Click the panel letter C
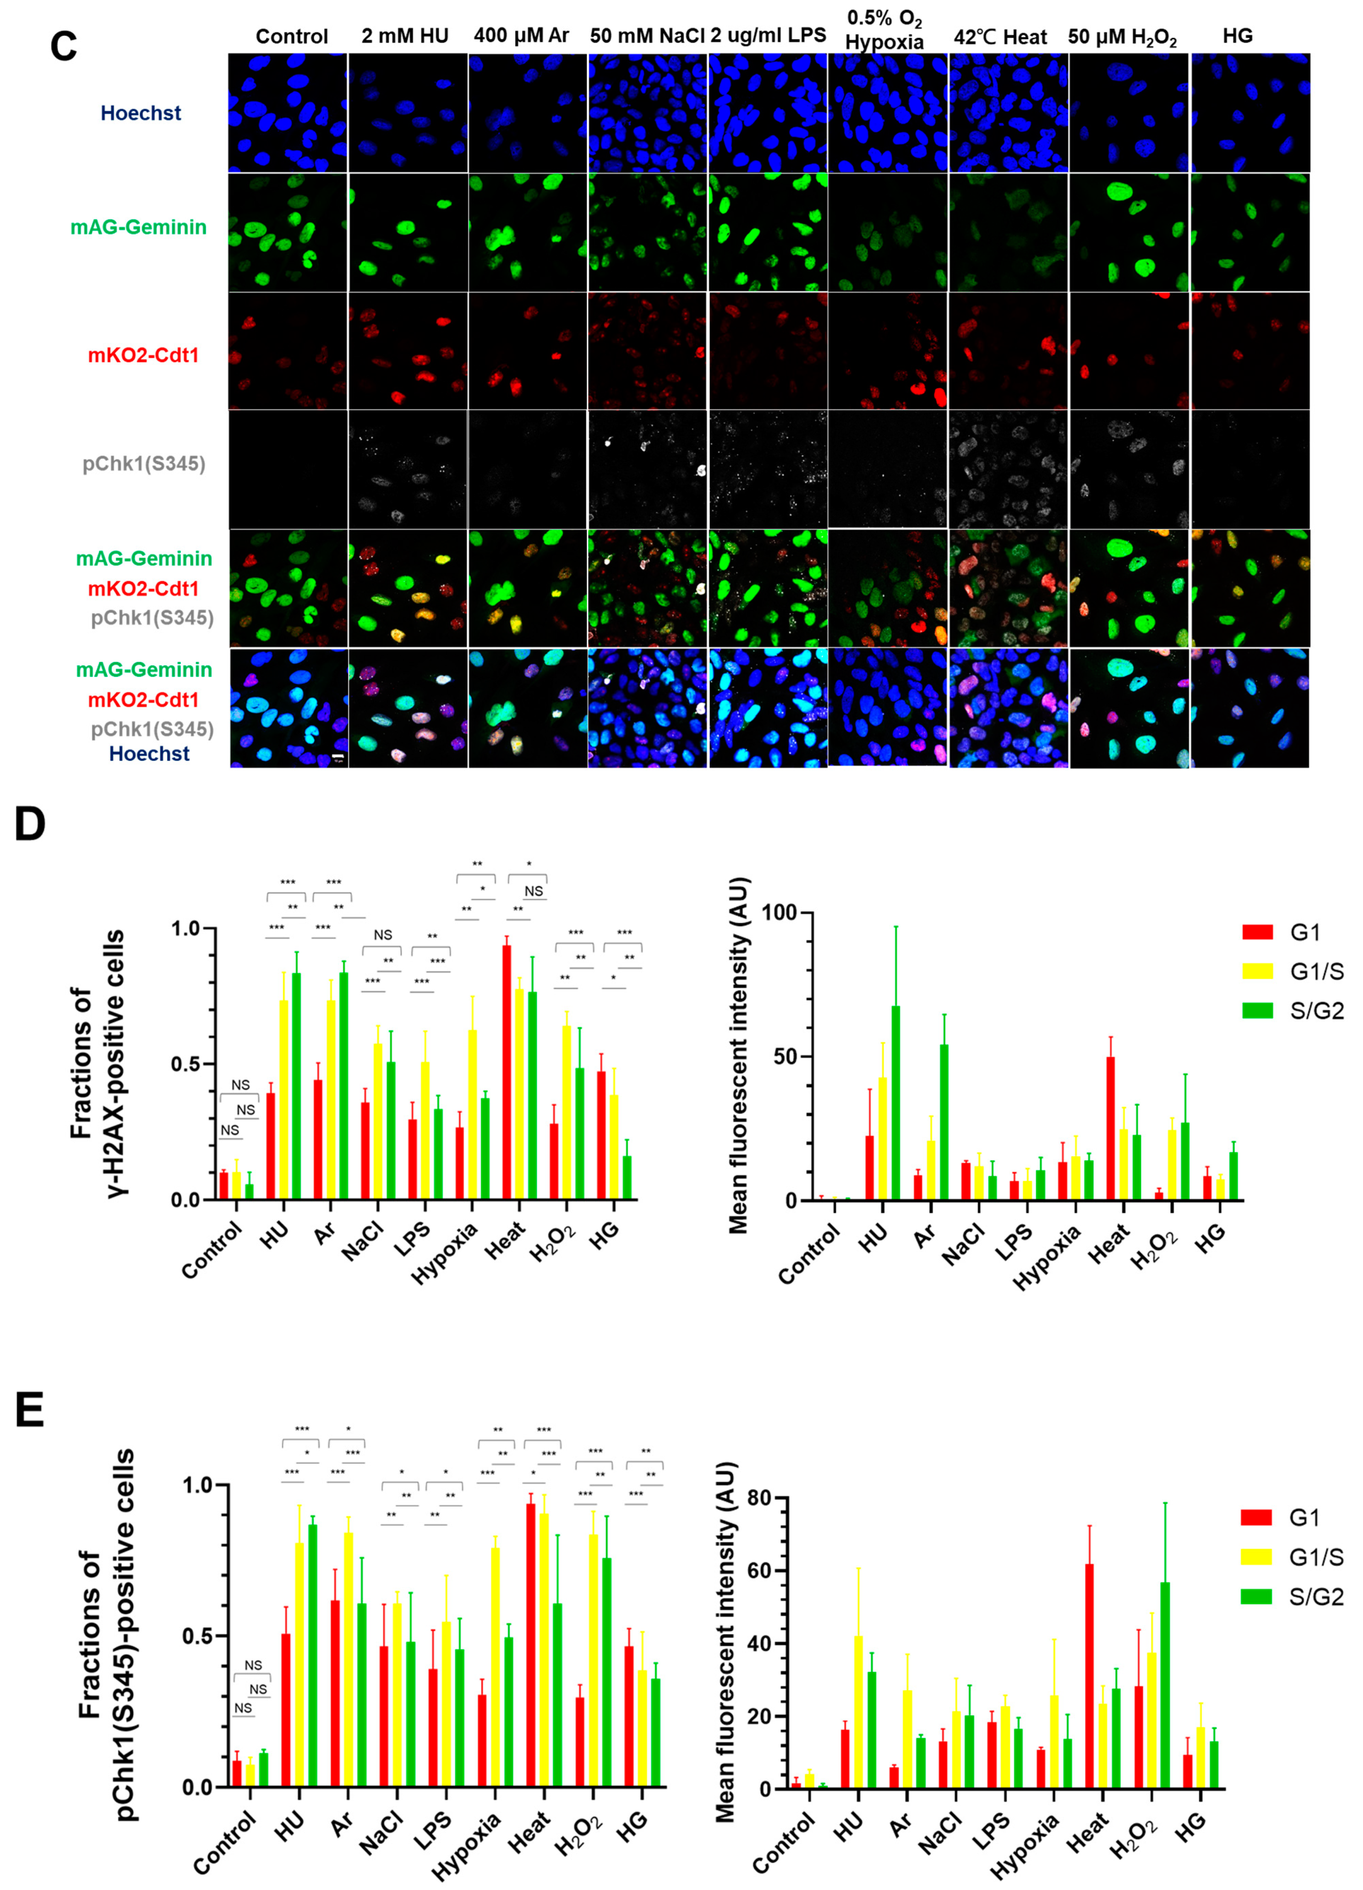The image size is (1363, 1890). pyautogui.click(x=64, y=46)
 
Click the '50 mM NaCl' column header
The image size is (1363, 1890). pyautogui.click(x=647, y=36)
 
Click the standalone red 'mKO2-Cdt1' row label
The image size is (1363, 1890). pyautogui.click(x=143, y=356)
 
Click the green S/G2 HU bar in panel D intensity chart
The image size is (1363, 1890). pyautogui.click(x=895, y=1102)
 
